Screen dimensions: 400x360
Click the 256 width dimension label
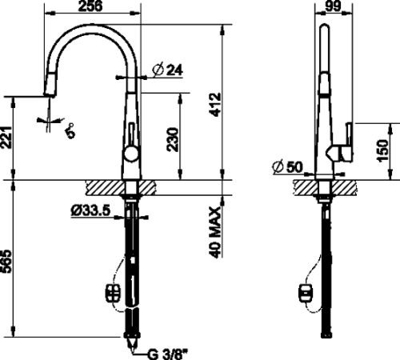point(90,6)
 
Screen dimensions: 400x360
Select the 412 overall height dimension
point(215,104)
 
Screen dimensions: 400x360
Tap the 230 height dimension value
point(173,139)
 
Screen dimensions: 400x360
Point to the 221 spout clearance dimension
point(6,138)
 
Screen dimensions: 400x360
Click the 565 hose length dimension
point(6,262)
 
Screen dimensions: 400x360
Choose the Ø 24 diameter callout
point(168,70)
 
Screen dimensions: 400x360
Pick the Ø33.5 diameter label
point(90,210)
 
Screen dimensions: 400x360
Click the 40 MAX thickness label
point(215,232)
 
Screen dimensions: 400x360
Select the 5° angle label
point(70,130)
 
